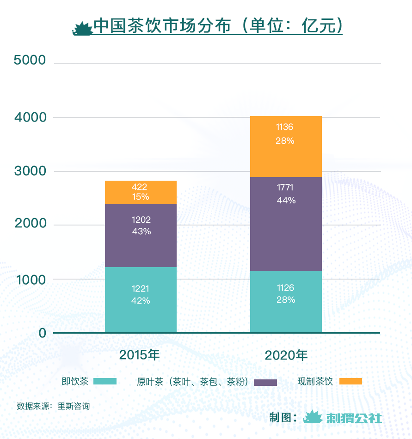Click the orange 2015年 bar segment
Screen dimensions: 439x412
tap(141, 192)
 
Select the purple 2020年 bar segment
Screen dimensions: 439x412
tap(286, 224)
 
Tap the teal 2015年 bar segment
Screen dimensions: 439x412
tap(141, 299)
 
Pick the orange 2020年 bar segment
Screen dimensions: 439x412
tap(286, 146)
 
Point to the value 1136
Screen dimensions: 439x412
tap(285, 127)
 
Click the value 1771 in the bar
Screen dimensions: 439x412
tap(285, 188)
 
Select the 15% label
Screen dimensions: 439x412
tap(141, 197)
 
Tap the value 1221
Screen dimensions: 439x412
tap(141, 289)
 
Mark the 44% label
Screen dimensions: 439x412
tap(286, 201)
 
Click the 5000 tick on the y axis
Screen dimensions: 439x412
tap(30, 60)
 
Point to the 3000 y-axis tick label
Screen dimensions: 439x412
tap(30, 171)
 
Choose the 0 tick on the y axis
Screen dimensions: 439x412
tap(42, 333)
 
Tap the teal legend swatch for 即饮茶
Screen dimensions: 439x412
tap(105, 381)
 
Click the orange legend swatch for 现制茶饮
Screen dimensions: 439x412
tap(351, 381)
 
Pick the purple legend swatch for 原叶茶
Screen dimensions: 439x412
tap(265, 382)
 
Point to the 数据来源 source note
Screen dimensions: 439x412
tap(53, 407)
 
